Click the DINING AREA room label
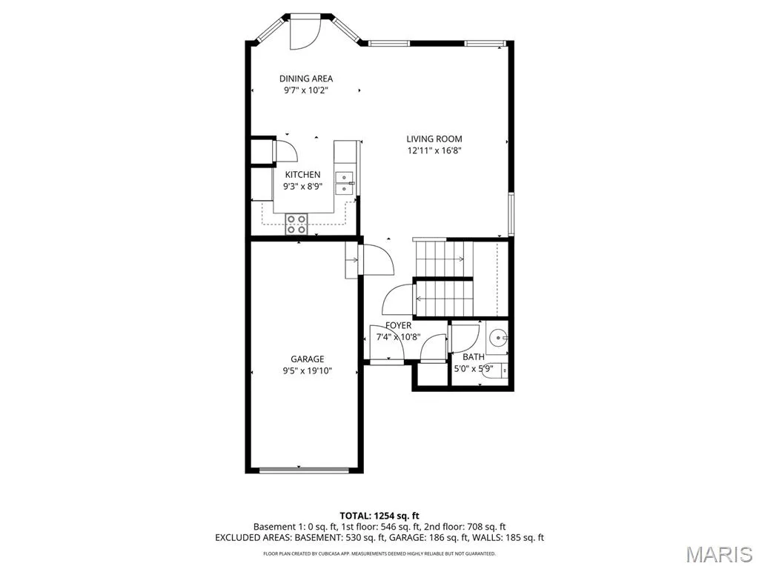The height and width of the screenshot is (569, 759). [x=306, y=79]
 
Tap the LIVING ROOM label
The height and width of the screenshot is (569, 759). [x=434, y=139]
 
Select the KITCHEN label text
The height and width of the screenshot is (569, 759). [x=302, y=175]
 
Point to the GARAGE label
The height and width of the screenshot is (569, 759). [x=308, y=359]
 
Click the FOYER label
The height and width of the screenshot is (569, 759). [x=398, y=326]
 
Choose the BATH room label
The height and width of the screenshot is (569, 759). [x=474, y=357]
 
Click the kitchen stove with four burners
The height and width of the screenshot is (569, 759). [x=296, y=224]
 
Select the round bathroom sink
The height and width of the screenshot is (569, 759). [x=497, y=337]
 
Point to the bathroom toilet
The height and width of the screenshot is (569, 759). [x=496, y=370]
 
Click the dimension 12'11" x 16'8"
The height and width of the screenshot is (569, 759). [x=434, y=150]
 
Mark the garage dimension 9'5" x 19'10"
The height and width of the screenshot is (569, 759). [x=308, y=371]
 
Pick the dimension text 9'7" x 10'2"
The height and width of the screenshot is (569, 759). [x=306, y=90]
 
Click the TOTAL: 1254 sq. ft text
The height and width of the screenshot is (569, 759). [x=379, y=516]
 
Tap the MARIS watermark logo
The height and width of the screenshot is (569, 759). [x=719, y=554]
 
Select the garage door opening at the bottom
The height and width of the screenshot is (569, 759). [x=304, y=470]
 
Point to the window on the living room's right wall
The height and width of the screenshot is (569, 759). [x=511, y=213]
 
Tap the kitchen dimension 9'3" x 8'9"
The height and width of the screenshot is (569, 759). [x=302, y=186]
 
